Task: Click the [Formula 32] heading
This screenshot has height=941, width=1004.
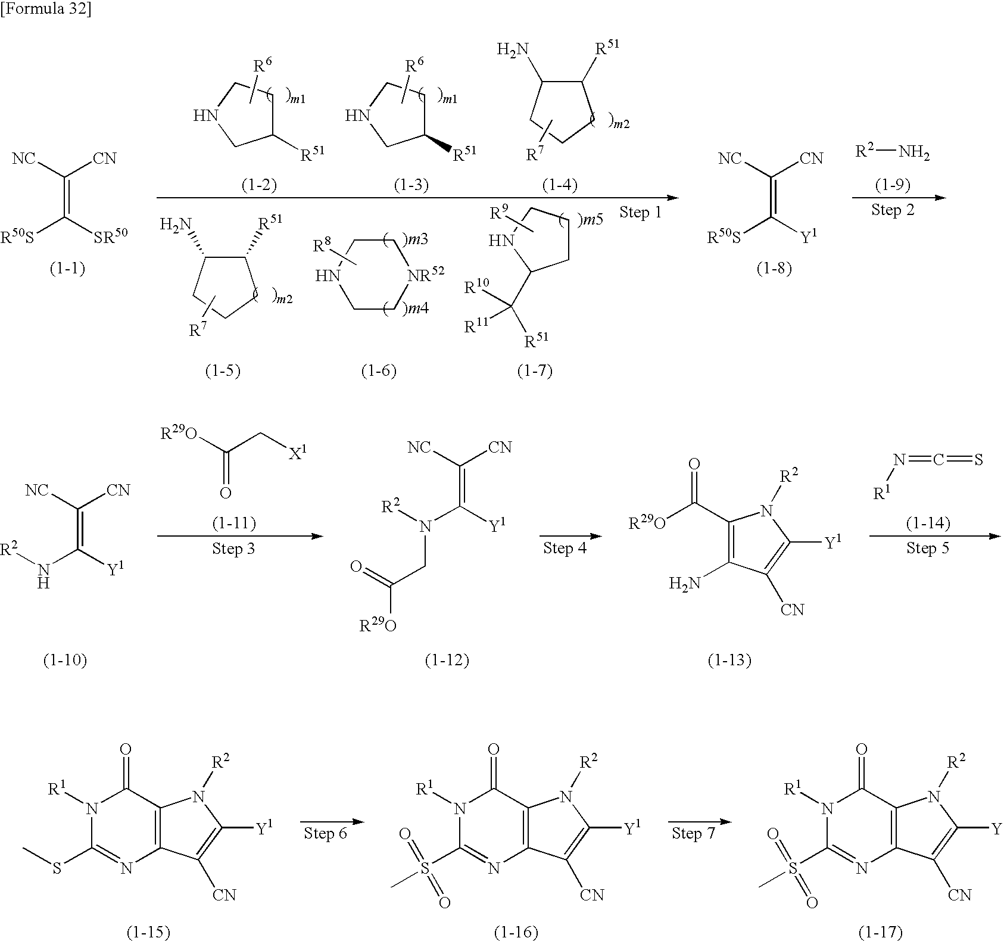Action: (x=46, y=10)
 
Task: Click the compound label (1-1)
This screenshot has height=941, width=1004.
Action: (x=66, y=269)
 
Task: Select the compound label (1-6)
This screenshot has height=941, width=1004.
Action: (x=379, y=370)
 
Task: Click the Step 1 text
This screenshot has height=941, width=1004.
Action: (x=640, y=212)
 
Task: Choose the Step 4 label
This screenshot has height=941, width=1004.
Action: (x=565, y=547)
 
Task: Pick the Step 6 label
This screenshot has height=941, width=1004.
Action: (x=325, y=833)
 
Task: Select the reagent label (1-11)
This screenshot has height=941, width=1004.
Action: (x=234, y=524)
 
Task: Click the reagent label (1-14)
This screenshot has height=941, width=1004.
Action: (x=928, y=524)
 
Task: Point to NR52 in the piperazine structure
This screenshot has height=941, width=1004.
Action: (x=425, y=274)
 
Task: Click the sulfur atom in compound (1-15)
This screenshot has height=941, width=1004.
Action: (x=57, y=884)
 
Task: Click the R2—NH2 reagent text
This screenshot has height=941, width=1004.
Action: (x=892, y=153)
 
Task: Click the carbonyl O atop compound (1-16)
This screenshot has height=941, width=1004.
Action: (x=492, y=749)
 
